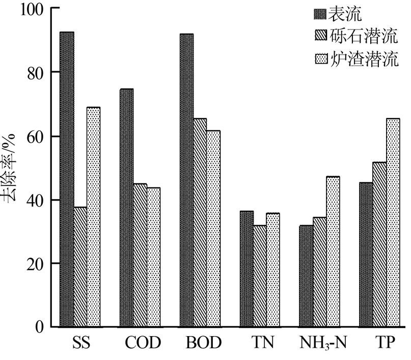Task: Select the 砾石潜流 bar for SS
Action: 80,267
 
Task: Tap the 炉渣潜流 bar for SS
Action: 93,217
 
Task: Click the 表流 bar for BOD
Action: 186,180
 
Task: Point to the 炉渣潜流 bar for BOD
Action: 213,229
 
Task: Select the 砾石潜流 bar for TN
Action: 260,275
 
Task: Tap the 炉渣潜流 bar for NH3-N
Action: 333,252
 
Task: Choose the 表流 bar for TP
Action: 366,255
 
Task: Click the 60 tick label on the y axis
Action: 37,136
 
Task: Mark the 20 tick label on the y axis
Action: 37,264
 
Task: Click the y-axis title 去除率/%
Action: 12,168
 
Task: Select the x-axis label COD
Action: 143,343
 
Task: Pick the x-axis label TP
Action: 379,343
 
